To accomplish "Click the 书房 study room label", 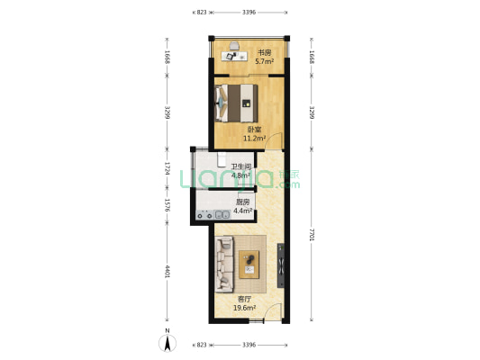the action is pos(264,52).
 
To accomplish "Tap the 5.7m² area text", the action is pos(265,61).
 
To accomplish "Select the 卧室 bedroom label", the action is pos(254,130).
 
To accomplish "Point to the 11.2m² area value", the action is pos(254,139).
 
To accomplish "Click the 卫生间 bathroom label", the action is pos(241,166).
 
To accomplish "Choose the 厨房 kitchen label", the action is pos(242,202).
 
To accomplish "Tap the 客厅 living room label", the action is pos(245,299).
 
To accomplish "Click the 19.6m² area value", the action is pos(245,308).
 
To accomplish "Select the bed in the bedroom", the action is pos(236,103).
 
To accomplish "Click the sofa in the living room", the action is pos(224,264).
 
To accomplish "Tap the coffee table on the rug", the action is pos(249,265).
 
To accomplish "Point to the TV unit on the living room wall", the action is pos(281,265).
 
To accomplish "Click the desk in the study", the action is pos(234,57).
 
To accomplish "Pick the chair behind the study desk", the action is pos(234,46).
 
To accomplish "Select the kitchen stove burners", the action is pos(204,215).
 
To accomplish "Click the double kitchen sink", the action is pos(222,215).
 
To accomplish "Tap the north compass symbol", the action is pos(168,343).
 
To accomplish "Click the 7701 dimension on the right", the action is pos(312,235).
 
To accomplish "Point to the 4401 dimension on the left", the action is pos(168,272).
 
